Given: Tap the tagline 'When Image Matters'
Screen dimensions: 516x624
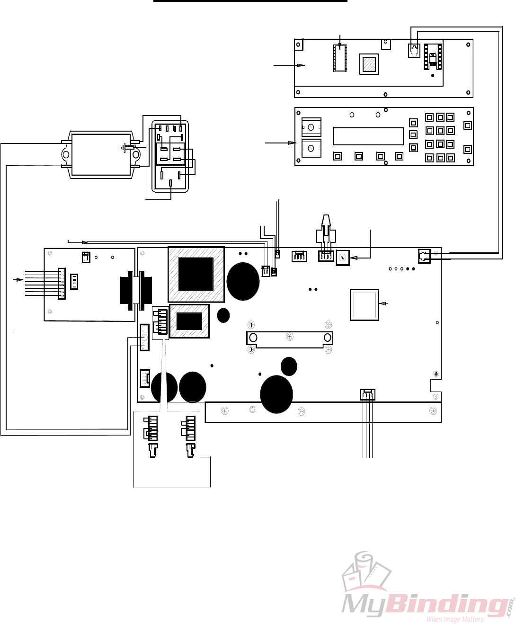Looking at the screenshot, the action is pyautogui.click(x=455, y=619).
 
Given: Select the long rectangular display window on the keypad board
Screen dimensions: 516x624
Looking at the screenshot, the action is pyautogui.click(x=368, y=136).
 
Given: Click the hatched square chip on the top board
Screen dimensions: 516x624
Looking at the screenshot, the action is pyautogui.click(x=369, y=64).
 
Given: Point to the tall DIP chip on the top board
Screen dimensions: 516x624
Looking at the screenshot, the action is pyautogui.click(x=340, y=58).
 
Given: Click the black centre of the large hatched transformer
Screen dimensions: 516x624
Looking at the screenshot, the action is pyautogui.click(x=196, y=274).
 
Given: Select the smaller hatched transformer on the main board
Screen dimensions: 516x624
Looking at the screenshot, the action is pyautogui.click(x=189, y=321).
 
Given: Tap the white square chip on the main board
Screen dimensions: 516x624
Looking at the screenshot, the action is pyautogui.click(x=364, y=305).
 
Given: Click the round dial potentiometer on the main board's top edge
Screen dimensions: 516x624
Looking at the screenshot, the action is pyautogui.click(x=343, y=257).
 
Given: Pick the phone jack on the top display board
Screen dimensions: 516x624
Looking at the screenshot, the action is pyautogui.click(x=414, y=51).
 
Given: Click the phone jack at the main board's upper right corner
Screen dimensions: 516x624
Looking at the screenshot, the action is pyautogui.click(x=424, y=256).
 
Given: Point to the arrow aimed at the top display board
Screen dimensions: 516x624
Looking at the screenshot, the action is pyautogui.click(x=289, y=65).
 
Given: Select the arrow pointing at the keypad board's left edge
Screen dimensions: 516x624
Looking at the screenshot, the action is pyautogui.click(x=281, y=143).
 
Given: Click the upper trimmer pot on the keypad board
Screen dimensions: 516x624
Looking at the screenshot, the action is pyautogui.click(x=311, y=128).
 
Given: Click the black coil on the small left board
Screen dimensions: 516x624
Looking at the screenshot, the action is pyautogui.click(x=136, y=291).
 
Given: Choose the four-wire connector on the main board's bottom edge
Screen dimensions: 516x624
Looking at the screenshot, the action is pyautogui.click(x=367, y=394).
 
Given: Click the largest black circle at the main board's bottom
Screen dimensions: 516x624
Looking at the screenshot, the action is pyautogui.click(x=276, y=394).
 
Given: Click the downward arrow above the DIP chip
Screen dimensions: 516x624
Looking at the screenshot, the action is pyautogui.click(x=340, y=42).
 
